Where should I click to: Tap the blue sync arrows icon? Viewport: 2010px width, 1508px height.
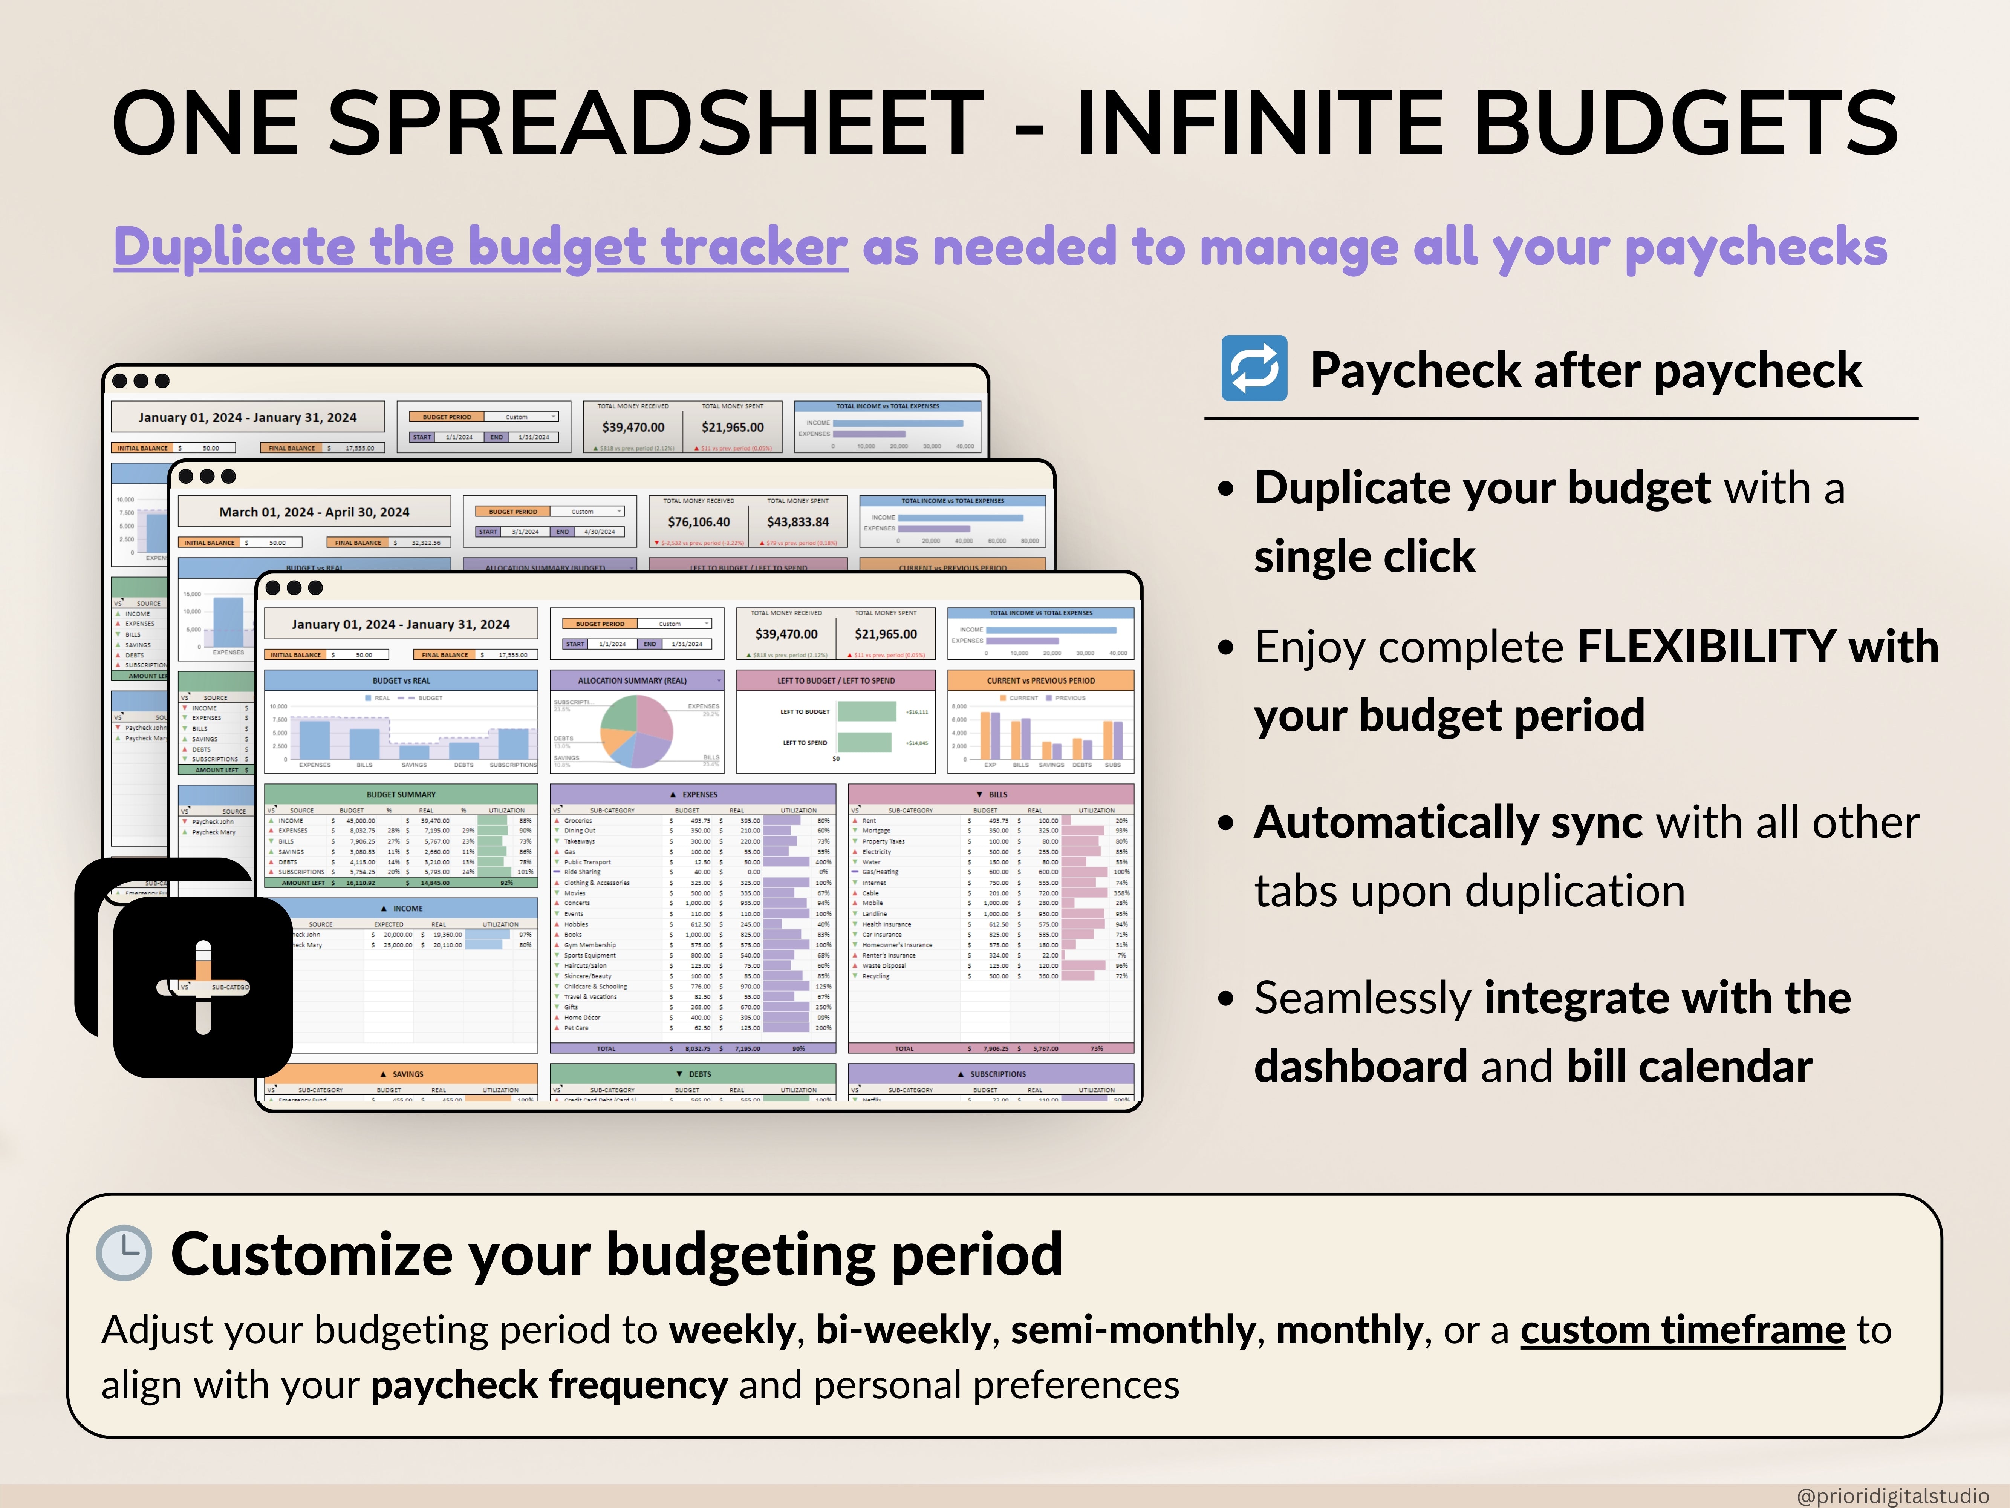pyautogui.click(x=1254, y=368)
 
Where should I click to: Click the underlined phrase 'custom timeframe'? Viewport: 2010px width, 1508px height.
pyautogui.click(x=1682, y=1330)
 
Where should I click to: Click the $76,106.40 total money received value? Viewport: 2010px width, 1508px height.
pyautogui.click(x=698, y=522)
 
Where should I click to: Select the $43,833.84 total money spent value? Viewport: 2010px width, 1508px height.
pyautogui.click(x=798, y=522)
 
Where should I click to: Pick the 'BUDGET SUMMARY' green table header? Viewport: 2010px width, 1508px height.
pyautogui.click(x=401, y=794)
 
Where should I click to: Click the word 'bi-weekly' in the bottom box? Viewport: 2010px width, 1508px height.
pyautogui.click(x=903, y=1330)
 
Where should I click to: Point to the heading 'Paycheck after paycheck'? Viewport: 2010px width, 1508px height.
pyautogui.click(x=1586, y=370)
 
